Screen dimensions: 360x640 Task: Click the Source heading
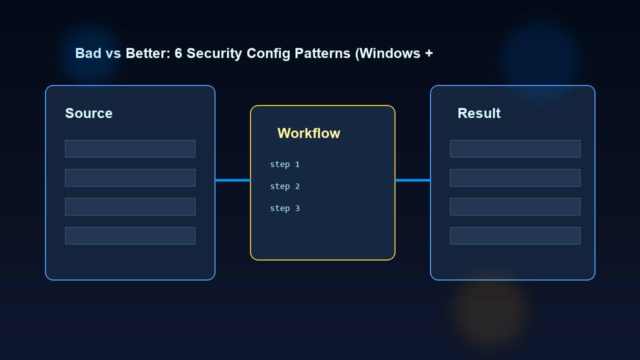[x=88, y=113]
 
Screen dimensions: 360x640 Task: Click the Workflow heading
[x=308, y=133]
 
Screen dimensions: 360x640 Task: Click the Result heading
[x=478, y=113]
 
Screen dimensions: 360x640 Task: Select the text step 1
[x=284, y=164]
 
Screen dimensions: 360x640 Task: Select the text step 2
[x=284, y=186]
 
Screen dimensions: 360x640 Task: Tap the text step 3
[x=284, y=208]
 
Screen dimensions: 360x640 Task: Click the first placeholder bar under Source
[x=130, y=148]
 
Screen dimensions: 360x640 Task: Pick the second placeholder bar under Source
[x=130, y=177]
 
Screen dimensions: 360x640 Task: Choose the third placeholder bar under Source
[x=130, y=206]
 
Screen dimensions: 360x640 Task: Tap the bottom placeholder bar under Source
[x=130, y=235]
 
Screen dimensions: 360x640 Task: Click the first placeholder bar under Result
[x=515, y=148]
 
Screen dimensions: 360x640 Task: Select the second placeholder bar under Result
[x=515, y=177]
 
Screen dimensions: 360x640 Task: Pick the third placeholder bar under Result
[x=515, y=206]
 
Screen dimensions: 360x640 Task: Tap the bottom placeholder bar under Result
[x=515, y=235]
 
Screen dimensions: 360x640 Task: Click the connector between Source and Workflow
[x=232, y=180]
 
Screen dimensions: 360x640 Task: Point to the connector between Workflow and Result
[x=412, y=180]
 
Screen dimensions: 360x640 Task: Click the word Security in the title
[x=214, y=53]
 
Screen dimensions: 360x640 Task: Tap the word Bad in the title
[x=88, y=53]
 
